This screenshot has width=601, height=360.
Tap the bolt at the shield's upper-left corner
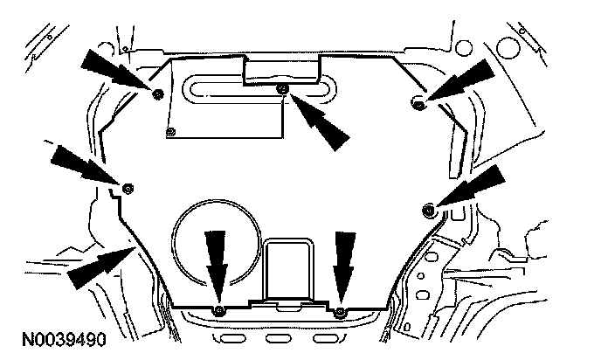pos(157,94)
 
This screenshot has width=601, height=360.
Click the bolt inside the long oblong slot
pos(281,90)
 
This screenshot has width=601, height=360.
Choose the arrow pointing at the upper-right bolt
pos(459,80)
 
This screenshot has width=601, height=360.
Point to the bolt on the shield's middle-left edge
pos(128,188)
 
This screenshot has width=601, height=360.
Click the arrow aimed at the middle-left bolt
pos(84,165)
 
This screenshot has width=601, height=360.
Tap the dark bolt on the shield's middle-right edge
pos(429,208)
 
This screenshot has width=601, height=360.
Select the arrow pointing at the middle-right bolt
pos(473,185)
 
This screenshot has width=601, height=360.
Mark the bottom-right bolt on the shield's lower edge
pos(341,311)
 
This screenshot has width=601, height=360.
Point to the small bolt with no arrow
pos(171,133)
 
